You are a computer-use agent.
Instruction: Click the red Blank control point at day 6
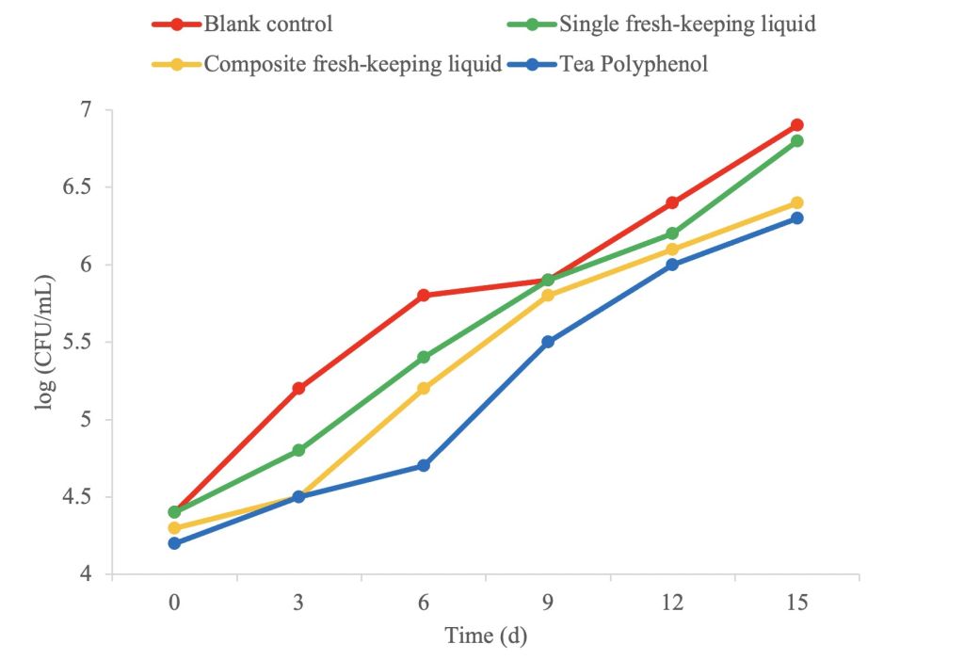(x=424, y=296)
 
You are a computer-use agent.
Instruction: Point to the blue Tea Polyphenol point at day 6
(x=424, y=465)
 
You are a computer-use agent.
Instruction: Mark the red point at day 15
(x=796, y=125)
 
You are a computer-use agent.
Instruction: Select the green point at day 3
(x=298, y=450)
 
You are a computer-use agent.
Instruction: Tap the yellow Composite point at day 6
(x=424, y=388)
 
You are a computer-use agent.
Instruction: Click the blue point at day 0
(x=174, y=543)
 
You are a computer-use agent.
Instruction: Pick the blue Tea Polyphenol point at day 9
(x=548, y=342)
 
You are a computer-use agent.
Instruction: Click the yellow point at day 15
(x=796, y=202)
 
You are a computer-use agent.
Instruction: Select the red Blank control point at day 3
(x=298, y=388)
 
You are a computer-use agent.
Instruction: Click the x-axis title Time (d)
(x=486, y=636)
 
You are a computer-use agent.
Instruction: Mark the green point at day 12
(x=672, y=233)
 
